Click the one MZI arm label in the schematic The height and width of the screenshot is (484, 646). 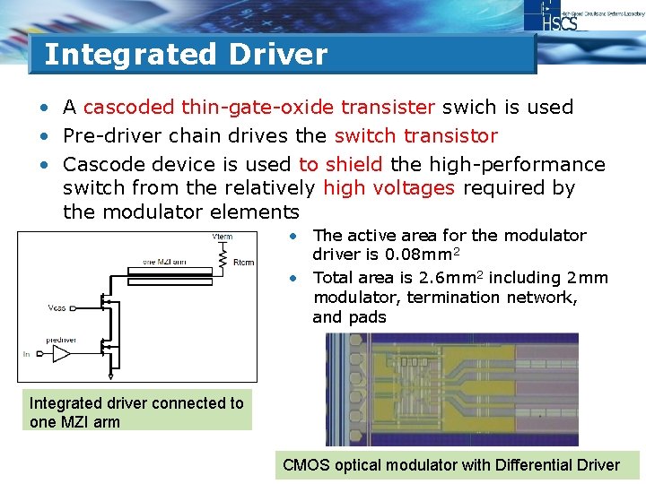click(x=166, y=261)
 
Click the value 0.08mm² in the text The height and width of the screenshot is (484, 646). click(x=408, y=255)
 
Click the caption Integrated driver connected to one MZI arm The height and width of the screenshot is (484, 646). click(x=136, y=412)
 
